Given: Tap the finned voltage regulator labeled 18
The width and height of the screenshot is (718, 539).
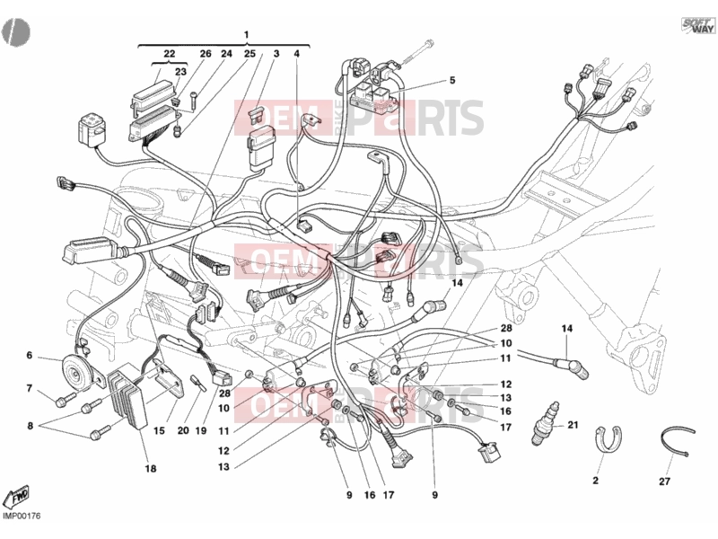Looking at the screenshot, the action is click(x=128, y=398).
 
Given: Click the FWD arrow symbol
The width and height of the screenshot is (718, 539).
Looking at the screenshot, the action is click(x=15, y=497).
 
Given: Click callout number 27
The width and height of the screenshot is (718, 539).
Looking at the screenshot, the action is click(x=664, y=482).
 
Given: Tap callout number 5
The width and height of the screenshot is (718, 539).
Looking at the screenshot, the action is click(x=452, y=81).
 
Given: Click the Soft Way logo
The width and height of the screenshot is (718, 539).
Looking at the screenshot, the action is click(x=698, y=26).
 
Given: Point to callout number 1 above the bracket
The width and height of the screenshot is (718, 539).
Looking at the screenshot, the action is click(x=246, y=35).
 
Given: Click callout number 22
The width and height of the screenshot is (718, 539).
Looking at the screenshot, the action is click(x=170, y=54).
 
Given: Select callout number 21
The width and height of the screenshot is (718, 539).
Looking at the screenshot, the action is click(x=573, y=425).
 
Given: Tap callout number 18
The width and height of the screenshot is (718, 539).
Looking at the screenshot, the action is click(x=150, y=468).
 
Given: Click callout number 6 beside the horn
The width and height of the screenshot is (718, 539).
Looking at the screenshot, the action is click(x=30, y=356).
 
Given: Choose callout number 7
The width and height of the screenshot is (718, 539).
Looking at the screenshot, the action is click(x=30, y=389).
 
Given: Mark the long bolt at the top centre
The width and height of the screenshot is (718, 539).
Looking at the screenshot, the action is click(x=418, y=52).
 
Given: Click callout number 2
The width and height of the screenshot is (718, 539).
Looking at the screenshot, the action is click(x=595, y=481).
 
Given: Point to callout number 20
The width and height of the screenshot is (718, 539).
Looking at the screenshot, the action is click(x=183, y=430).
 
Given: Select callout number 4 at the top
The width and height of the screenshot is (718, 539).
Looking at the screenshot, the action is click(x=297, y=54).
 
